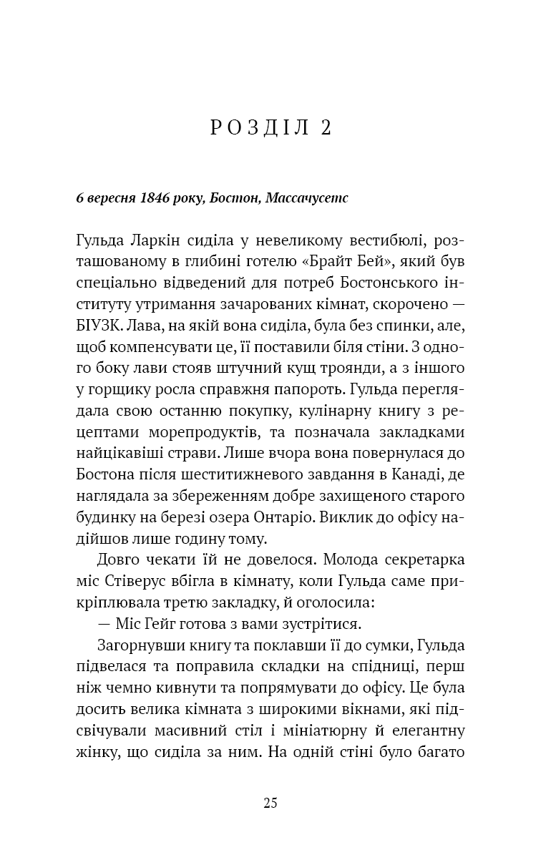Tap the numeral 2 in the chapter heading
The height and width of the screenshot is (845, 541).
coord(326,128)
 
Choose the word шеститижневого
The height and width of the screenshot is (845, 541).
coord(239,471)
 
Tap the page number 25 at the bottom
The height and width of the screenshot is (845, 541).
coord(270,802)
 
